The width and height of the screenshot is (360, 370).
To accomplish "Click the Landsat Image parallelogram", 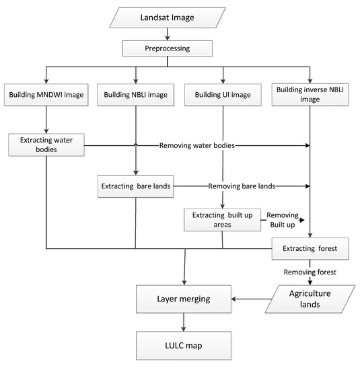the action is tap(167, 17).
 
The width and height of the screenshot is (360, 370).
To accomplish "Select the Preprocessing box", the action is tap(167, 48).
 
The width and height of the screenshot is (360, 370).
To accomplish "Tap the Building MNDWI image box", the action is tap(46, 95).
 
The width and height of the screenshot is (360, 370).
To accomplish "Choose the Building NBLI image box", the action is tap(135, 95).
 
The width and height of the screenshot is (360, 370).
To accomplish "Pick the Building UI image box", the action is tap(223, 95).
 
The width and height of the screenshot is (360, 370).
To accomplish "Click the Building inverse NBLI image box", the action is tap(310, 94).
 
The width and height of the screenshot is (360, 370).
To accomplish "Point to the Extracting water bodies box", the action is tap(46, 145).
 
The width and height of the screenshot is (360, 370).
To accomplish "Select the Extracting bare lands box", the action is tap(136, 186).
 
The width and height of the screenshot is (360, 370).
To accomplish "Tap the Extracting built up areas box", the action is tap(222, 220).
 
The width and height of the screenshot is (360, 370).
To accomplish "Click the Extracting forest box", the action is tap(310, 248).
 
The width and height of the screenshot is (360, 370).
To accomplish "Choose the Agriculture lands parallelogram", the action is tap(310, 299).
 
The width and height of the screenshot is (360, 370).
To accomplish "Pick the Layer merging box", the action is tap(184, 299).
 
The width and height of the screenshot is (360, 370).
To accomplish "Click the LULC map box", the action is tap(184, 346).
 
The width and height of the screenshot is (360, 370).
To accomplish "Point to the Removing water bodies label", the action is tap(197, 145).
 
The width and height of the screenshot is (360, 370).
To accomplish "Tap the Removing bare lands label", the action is tap(242, 186).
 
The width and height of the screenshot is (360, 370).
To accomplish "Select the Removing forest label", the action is tap(310, 272).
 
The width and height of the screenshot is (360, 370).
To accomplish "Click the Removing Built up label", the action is tap(283, 220).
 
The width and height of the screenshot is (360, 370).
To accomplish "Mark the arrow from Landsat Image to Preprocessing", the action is tap(168, 34).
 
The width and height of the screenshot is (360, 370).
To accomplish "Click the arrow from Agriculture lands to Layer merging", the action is tap(252, 299).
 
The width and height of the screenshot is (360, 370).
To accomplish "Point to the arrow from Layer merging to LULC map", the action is tap(184, 322).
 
